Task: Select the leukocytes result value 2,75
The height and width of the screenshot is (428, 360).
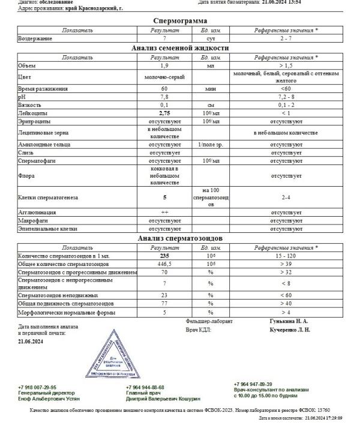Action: (164, 112)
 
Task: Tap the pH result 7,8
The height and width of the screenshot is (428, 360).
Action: (164, 96)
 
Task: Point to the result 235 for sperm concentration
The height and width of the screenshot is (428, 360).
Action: (164, 256)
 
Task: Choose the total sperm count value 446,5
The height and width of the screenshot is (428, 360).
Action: (164, 264)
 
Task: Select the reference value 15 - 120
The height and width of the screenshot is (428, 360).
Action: (285, 256)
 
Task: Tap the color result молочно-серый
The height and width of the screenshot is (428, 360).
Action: (164, 77)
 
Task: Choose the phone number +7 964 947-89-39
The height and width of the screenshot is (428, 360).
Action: (253, 384)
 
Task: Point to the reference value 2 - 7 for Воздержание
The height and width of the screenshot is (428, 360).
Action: (285, 38)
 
